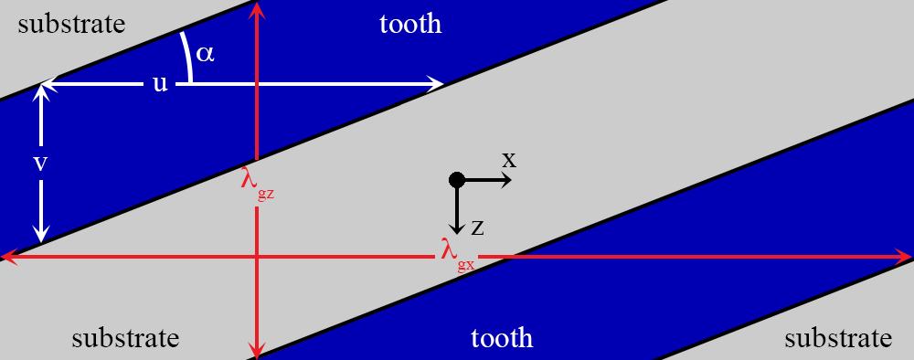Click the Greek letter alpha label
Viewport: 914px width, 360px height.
(205, 54)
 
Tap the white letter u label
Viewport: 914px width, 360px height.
(160, 84)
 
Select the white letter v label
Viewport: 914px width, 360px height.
(40, 164)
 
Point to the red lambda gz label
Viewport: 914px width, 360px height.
(257, 181)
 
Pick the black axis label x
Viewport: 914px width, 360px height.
(509, 160)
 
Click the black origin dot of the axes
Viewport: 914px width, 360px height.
(457, 180)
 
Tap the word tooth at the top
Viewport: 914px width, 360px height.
(410, 24)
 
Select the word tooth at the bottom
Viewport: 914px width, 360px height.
(502, 338)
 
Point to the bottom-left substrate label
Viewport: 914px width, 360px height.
(125, 338)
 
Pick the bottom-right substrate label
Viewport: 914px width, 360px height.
(838, 338)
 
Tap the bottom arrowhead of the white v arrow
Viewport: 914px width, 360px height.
(41, 235)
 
